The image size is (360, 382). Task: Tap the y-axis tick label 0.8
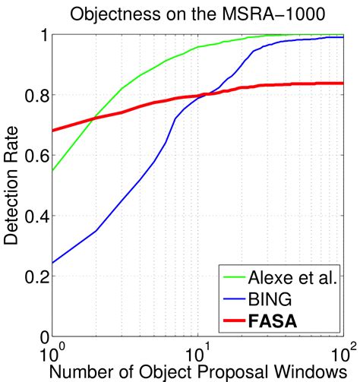(34, 96)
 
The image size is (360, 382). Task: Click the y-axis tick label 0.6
(34, 156)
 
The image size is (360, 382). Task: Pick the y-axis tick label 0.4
(34, 216)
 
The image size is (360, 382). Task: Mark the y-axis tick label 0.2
(34, 276)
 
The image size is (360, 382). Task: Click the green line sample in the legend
(231, 279)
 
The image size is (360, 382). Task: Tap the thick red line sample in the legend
(231, 321)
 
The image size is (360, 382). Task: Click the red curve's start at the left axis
(52, 131)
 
